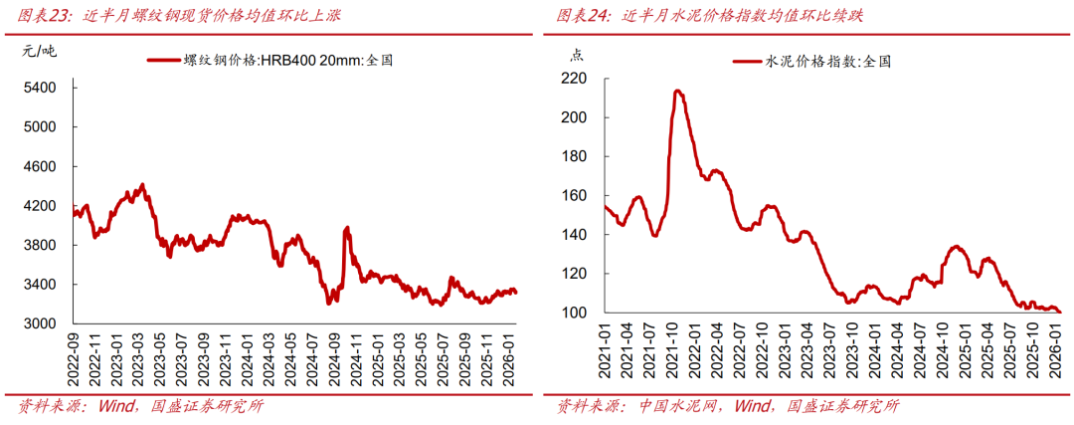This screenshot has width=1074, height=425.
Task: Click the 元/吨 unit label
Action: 40,50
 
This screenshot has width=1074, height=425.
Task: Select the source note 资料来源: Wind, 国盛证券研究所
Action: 139,406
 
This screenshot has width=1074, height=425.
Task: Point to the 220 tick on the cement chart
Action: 575,79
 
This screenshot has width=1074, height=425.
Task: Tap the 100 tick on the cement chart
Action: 575,313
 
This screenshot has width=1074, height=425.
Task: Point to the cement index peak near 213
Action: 677,91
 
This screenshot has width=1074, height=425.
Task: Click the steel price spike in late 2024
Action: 346,228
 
